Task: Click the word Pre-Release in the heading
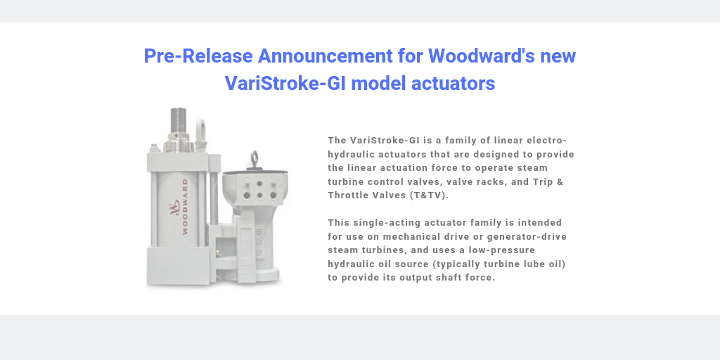click(198, 56)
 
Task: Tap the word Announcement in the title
click(325, 56)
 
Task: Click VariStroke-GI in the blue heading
click(285, 84)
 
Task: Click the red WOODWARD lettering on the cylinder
click(185, 207)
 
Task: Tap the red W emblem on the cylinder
click(174, 207)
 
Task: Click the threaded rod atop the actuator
click(178, 120)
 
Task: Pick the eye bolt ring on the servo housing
click(254, 160)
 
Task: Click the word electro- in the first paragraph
click(546, 140)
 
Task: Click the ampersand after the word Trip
click(559, 181)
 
